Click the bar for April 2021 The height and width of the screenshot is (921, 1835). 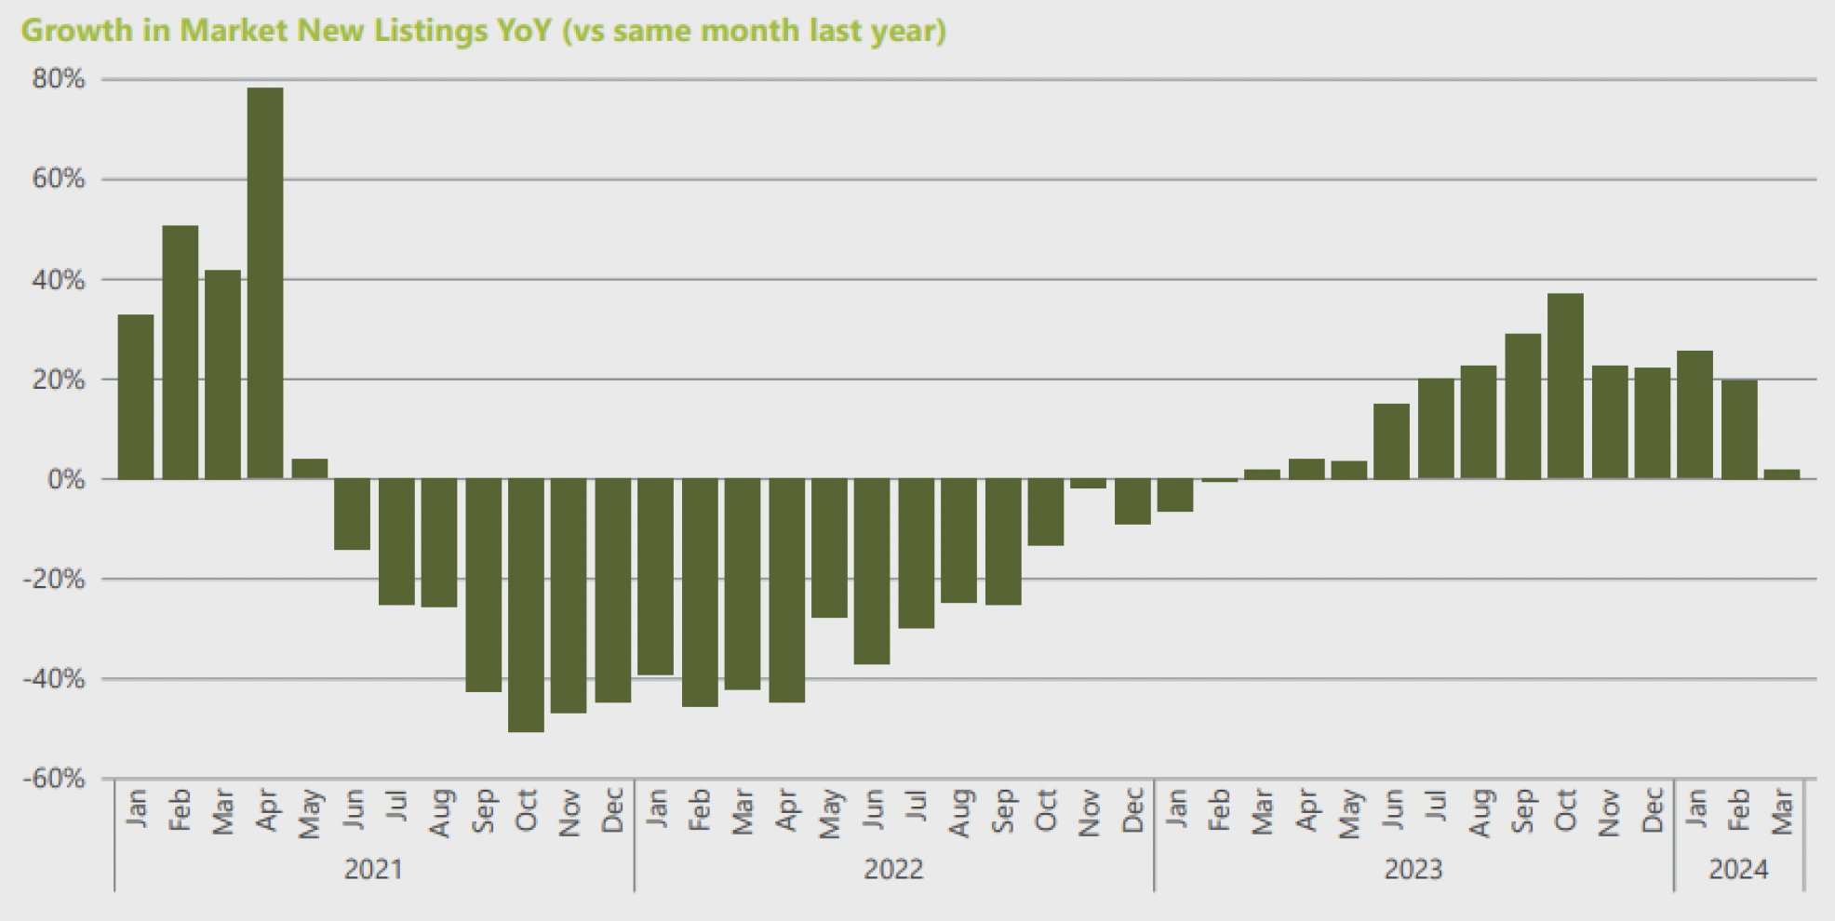click(265, 284)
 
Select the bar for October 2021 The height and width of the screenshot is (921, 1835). click(526, 605)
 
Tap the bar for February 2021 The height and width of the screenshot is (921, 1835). click(180, 353)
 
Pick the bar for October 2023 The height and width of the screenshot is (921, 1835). click(1565, 386)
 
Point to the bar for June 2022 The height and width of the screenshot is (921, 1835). click(872, 571)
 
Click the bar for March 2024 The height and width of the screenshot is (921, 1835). click(1782, 474)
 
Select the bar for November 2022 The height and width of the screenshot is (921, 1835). click(1088, 484)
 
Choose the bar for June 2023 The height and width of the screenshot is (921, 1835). click(1391, 442)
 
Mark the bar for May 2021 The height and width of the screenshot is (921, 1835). click(309, 469)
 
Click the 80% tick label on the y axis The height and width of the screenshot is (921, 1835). click(58, 79)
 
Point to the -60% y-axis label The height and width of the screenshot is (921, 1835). click(54, 779)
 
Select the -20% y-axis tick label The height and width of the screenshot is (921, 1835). click(54, 580)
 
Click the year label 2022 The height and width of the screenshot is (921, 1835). click(893, 870)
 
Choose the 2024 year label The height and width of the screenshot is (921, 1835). click(1738, 870)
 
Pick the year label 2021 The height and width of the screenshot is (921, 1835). click(373, 870)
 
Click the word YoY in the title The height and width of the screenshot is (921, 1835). click(519, 31)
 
